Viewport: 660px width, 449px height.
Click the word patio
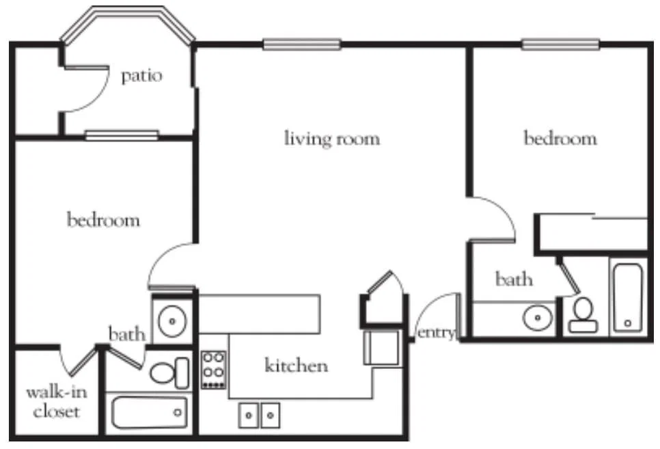tap(141, 77)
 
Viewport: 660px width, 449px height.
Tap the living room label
tap(331, 139)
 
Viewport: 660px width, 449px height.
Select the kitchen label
tap(297, 365)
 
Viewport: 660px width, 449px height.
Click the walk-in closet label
tap(57, 402)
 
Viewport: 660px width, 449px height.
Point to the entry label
tap(436, 333)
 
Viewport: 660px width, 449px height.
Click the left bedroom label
tap(103, 219)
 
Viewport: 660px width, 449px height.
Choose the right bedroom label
tap(560, 138)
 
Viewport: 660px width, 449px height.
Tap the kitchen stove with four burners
tap(213, 370)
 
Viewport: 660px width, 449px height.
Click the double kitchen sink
tap(259, 416)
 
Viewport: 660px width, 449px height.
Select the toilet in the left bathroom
tap(169, 372)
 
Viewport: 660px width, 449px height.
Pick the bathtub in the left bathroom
tap(150, 412)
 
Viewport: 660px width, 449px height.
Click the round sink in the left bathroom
tap(171, 321)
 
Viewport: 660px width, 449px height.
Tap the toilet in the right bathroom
tap(583, 315)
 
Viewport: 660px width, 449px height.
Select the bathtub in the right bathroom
tap(628, 298)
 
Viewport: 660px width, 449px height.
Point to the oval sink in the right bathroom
tap(538, 317)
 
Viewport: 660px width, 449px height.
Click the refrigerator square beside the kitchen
tap(381, 347)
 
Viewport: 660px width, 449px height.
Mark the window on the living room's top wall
tap(302, 44)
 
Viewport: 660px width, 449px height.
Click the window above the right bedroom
tap(560, 44)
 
